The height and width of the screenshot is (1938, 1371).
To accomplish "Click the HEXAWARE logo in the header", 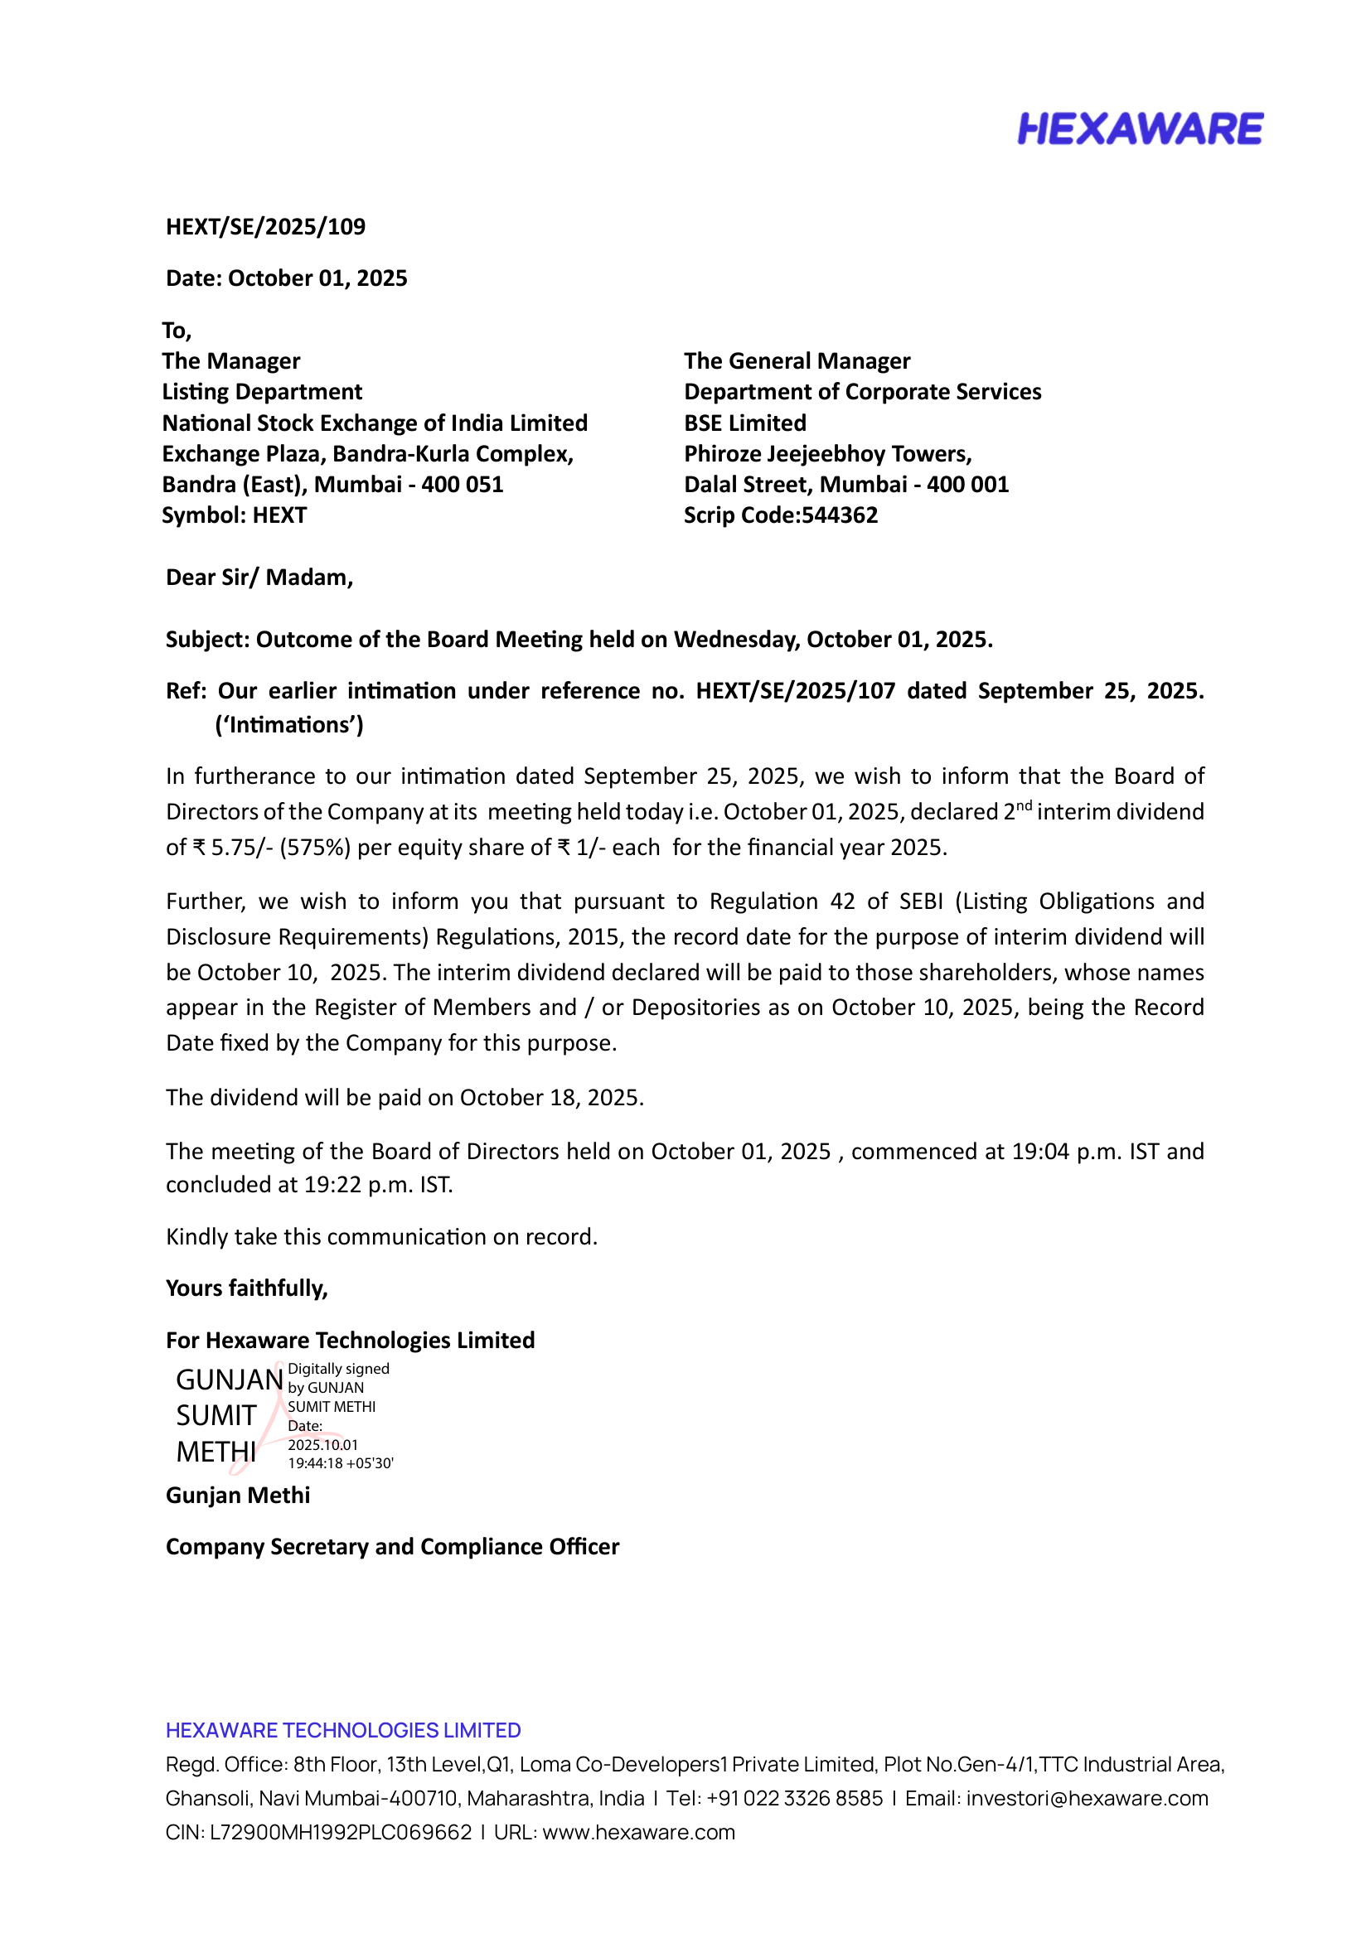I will click(x=1139, y=129).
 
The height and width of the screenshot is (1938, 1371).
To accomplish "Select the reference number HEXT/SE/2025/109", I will click(x=265, y=227).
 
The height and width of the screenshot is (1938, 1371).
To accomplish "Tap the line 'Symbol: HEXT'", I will click(x=234, y=515).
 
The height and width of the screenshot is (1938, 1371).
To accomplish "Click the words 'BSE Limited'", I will click(x=744, y=423).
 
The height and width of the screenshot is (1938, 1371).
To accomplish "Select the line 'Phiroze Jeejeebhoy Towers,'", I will click(x=827, y=454).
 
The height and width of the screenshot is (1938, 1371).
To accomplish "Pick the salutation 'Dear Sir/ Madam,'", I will click(x=259, y=578).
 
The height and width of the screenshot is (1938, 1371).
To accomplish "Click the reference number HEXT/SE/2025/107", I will click(x=794, y=691).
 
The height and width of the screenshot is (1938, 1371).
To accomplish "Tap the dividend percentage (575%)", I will click(x=315, y=848).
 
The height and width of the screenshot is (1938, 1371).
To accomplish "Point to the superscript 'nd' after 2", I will click(x=1023, y=805).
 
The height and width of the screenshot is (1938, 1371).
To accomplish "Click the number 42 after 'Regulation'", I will click(x=842, y=901).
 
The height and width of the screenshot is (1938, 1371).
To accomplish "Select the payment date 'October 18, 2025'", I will click(x=550, y=1097).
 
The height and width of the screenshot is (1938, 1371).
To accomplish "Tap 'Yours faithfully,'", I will click(x=246, y=1288).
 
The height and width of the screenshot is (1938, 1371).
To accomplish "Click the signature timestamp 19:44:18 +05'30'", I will click(x=340, y=1463).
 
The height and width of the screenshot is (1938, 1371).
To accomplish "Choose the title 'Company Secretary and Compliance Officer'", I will click(x=392, y=1546).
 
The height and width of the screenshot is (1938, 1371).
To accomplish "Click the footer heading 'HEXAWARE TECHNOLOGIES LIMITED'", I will click(x=343, y=1730).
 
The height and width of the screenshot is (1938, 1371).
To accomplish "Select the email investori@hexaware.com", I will click(x=1087, y=1798).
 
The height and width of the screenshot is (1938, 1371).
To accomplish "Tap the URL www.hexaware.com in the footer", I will click(x=638, y=1833).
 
